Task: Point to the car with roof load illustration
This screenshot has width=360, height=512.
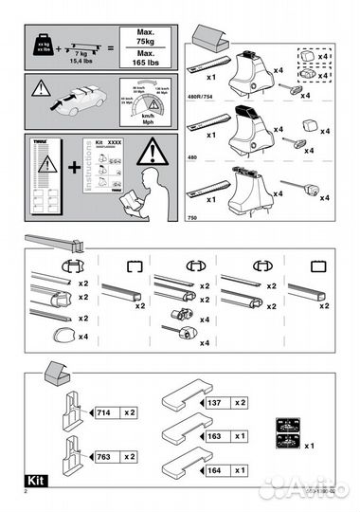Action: pyautogui.click(x=78, y=100)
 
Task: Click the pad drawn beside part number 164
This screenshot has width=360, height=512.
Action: pyautogui.click(x=186, y=468)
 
